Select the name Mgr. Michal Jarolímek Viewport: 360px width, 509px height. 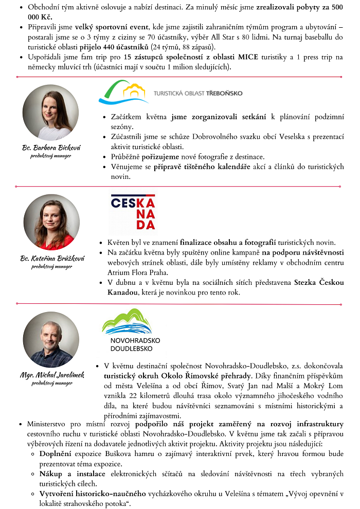pos(52,375)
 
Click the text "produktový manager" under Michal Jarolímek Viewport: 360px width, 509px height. pos(51,384)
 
